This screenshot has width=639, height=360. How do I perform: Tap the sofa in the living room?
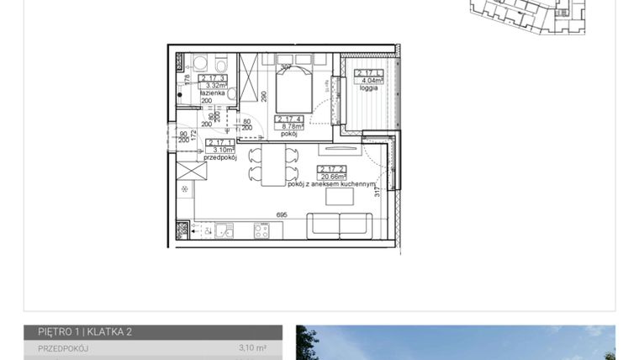(x=338, y=225)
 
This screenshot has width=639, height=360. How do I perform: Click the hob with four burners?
(x=261, y=230)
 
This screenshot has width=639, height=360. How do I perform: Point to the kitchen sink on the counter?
(x=223, y=230)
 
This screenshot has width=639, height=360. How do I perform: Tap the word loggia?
(x=367, y=87)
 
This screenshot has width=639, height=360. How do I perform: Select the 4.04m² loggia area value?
(x=369, y=81)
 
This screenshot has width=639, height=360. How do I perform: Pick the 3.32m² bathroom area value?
(x=215, y=85)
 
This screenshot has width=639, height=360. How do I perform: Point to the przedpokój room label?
(x=220, y=157)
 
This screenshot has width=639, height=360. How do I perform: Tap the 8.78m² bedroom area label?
(x=290, y=126)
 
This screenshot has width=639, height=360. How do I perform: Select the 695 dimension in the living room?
(x=281, y=215)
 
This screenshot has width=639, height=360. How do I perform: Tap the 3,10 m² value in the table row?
(x=252, y=347)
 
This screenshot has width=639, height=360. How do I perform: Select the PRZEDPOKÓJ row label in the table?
(x=63, y=347)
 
